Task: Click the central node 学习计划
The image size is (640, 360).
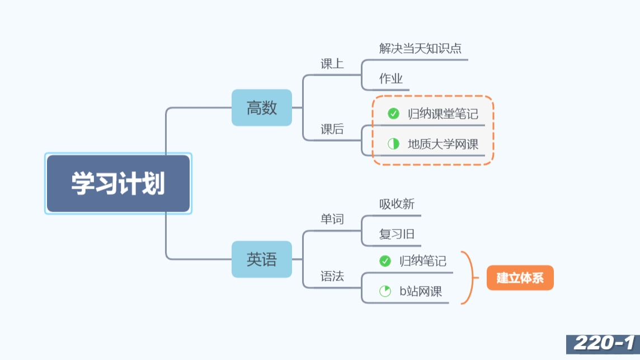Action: tap(118, 184)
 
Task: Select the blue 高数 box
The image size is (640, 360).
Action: tap(262, 107)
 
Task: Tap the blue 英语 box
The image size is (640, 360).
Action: tap(262, 259)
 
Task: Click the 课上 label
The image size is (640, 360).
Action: tap(332, 64)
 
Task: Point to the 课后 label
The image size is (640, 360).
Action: tap(332, 130)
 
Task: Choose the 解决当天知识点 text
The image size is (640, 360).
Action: tap(420, 49)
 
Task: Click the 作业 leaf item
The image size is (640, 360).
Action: tap(391, 79)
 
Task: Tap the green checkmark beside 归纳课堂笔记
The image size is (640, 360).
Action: tap(393, 114)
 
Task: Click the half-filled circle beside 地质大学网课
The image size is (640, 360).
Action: tap(393, 144)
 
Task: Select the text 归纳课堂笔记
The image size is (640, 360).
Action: tap(443, 114)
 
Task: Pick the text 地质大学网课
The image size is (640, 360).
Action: tap(443, 144)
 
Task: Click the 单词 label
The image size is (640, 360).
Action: tap(332, 219)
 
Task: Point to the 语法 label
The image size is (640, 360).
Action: tap(332, 277)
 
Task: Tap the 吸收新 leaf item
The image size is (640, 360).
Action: tap(397, 204)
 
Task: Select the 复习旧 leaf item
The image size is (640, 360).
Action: tap(397, 235)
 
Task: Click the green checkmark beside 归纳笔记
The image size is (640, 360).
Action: tap(385, 261)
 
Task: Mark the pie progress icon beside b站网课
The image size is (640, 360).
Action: tap(385, 291)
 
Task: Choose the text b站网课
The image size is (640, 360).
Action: tap(420, 291)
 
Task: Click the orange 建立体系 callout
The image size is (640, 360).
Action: tap(520, 278)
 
